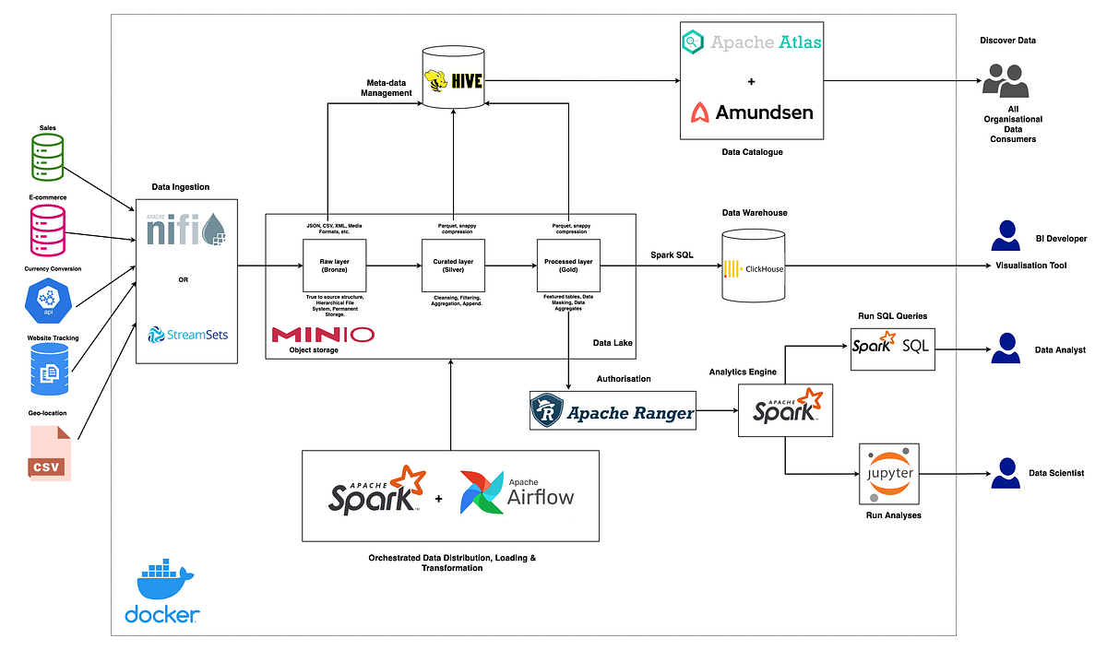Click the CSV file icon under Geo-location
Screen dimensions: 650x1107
click(x=49, y=453)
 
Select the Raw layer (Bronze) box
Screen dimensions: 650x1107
click(x=333, y=266)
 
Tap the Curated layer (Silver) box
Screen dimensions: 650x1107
click(x=452, y=266)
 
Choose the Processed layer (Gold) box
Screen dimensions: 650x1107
click(x=568, y=266)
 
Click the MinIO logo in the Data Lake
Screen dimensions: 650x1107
click(x=323, y=334)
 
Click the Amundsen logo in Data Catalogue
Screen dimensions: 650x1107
click(x=753, y=112)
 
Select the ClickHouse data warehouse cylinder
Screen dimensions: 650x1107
click(x=753, y=269)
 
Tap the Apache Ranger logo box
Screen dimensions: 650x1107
click(x=613, y=411)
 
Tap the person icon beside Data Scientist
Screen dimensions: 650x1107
click(x=1005, y=474)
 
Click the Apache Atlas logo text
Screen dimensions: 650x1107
click(x=752, y=41)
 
